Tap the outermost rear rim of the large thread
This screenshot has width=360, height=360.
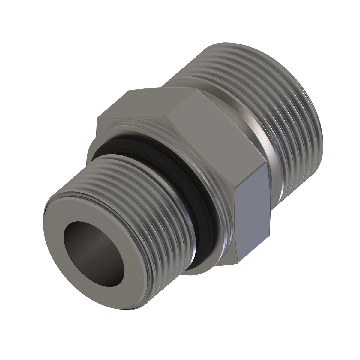click(315, 120)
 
